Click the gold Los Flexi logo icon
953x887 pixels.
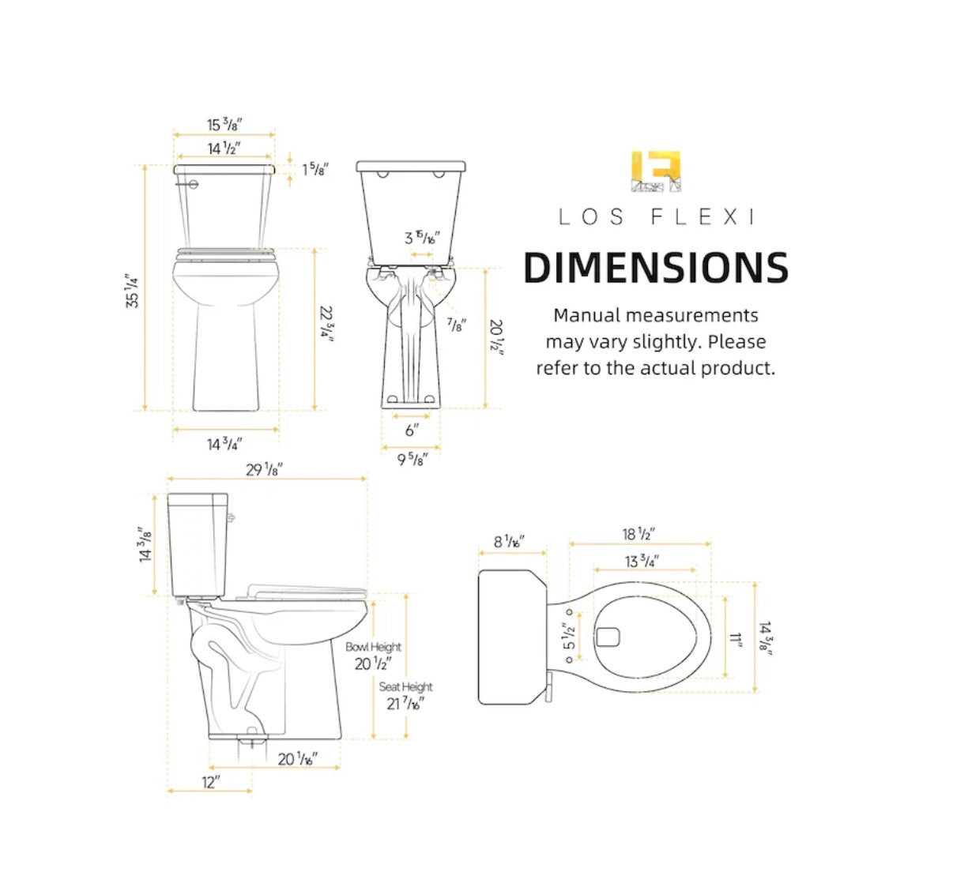pos(655,171)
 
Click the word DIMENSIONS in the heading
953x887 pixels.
pos(656,267)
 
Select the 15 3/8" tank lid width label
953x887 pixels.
pos(224,125)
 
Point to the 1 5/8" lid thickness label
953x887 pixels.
pos(315,169)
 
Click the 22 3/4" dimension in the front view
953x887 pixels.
pos(326,324)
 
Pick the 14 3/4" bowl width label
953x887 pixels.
pos(224,444)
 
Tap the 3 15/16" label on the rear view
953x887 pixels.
pos(422,238)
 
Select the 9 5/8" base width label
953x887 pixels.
pos(412,459)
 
